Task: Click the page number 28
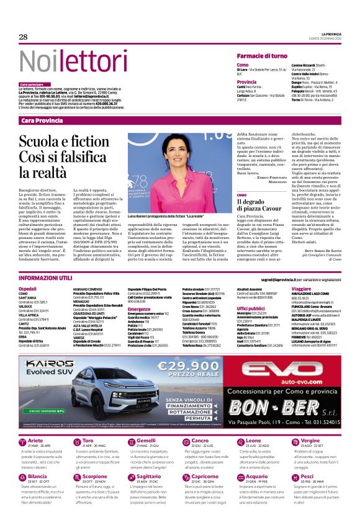[x=24, y=37]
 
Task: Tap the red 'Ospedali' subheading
[x=27, y=289]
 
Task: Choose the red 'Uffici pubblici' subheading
[x=251, y=308]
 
